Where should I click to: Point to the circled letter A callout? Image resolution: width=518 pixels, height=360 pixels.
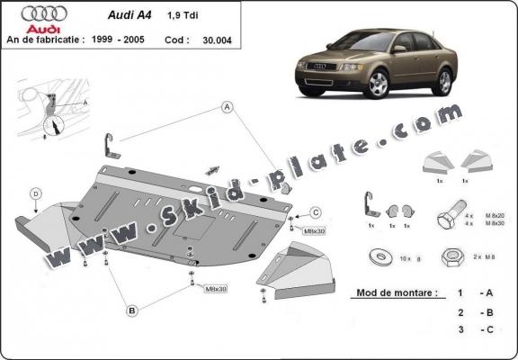pyautogui.click(x=228, y=106)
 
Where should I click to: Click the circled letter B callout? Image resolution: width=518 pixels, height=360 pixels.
pyautogui.click(x=132, y=310)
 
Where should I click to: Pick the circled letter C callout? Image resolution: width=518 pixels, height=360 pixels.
pyautogui.click(x=316, y=212)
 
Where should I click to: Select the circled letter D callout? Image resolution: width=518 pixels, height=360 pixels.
pyautogui.click(x=35, y=193)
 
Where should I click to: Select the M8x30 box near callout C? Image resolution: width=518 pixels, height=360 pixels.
pyautogui.click(x=315, y=232)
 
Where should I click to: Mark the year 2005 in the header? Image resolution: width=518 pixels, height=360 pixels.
pyautogui.click(x=156, y=40)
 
